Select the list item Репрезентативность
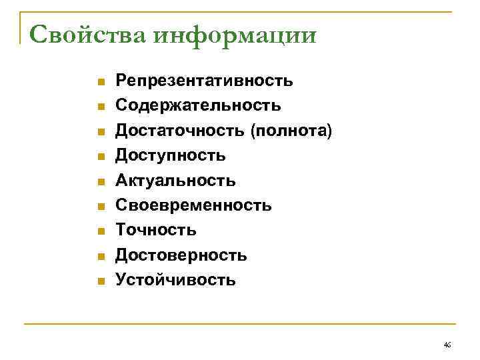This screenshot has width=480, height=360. pyautogui.click(x=204, y=81)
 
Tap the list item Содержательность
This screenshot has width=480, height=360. pyautogui.click(x=198, y=105)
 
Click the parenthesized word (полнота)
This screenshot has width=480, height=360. pyautogui.click(x=291, y=131)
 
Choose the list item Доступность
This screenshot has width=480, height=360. pyautogui.click(x=171, y=155)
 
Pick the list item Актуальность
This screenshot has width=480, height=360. pyautogui.click(x=175, y=180)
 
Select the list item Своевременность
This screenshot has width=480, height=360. pyautogui.click(x=193, y=205)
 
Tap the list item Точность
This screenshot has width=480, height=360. pyautogui.click(x=156, y=230)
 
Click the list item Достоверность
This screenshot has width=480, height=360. pyautogui.click(x=181, y=255)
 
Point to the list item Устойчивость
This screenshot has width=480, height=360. pyautogui.click(x=175, y=279)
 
